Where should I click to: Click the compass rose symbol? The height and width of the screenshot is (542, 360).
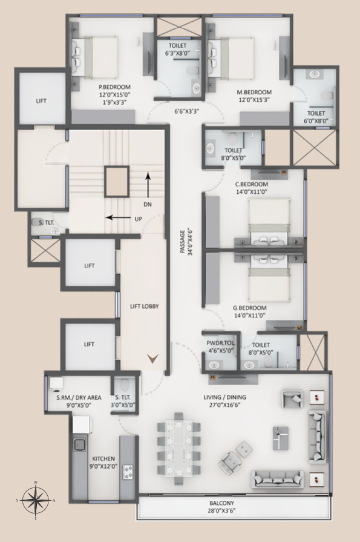[x=35, y=500]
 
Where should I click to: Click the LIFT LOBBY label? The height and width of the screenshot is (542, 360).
[x=144, y=306]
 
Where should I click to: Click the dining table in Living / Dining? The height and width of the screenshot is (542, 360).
[x=179, y=448]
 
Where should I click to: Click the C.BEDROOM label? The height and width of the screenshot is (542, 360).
[x=251, y=184]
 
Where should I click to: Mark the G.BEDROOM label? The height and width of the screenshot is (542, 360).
[x=250, y=308]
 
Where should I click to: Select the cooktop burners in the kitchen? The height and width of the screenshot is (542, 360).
[x=128, y=472]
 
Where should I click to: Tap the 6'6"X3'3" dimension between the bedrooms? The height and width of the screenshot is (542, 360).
[x=187, y=111]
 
